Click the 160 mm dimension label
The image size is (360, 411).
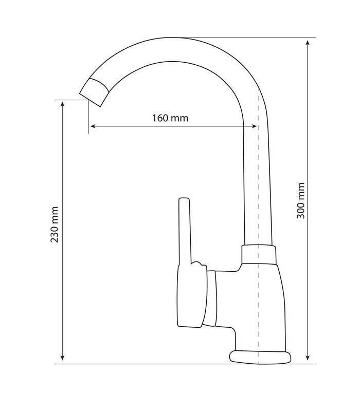pyautogui.click(x=170, y=118)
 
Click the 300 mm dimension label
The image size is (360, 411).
pyautogui.click(x=301, y=201)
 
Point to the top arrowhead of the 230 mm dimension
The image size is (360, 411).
pyautogui.click(x=63, y=104)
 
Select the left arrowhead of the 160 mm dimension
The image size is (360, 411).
pyautogui.click(x=93, y=126)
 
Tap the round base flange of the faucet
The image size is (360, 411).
pyautogui.click(x=260, y=357)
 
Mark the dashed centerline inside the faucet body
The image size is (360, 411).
pyautogui.click(x=259, y=308)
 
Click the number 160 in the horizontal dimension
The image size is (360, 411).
pyautogui.click(x=160, y=118)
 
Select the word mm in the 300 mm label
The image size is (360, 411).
pyautogui.click(x=301, y=190)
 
